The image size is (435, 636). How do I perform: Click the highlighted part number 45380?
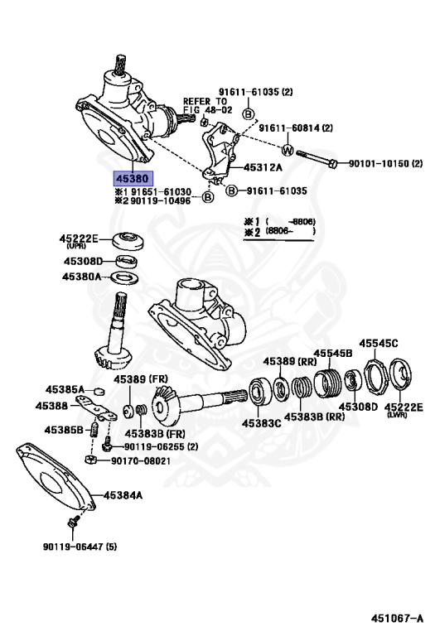132,178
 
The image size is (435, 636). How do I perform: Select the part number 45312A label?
263,167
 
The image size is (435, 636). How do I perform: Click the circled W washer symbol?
287,151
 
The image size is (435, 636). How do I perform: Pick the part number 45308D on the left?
83,262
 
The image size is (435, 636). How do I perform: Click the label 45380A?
83,277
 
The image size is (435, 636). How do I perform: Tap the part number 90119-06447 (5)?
80,547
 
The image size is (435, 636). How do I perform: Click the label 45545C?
378,343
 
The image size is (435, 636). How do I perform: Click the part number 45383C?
262,423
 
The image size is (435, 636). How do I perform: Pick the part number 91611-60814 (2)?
295,128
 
